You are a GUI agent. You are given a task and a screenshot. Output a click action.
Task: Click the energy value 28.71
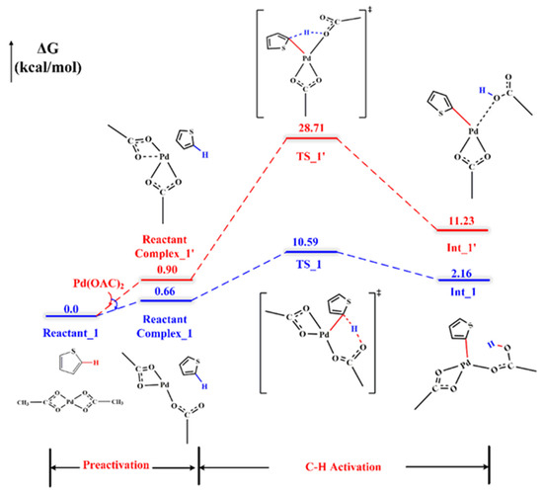pos(312,129)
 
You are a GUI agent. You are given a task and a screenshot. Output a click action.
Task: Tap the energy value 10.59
pos(312,242)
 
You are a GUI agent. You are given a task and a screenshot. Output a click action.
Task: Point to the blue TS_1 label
pos(312,266)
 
